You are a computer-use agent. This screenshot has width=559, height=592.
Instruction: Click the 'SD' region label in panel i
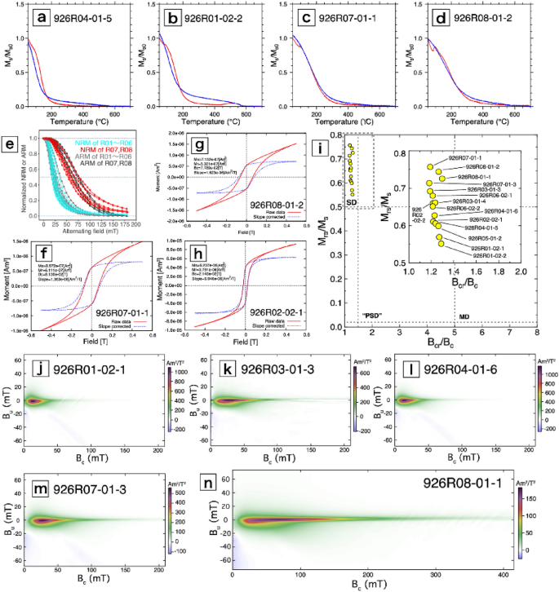pyautogui.click(x=353, y=201)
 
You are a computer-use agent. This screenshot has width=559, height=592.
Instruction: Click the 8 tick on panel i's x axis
pyautogui.click(x=537, y=333)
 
